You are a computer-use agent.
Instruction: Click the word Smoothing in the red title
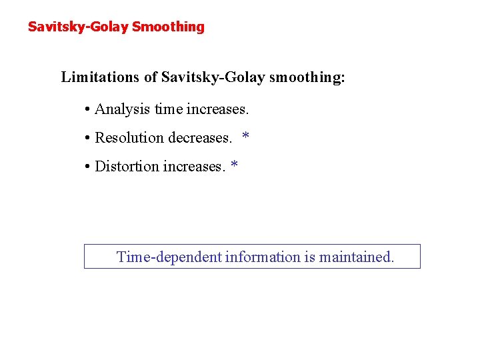168,27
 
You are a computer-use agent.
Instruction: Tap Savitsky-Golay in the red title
78,27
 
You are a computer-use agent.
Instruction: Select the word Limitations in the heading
101,77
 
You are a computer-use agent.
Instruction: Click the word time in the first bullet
167,109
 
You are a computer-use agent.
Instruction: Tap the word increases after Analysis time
217,109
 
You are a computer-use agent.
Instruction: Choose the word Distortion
127,166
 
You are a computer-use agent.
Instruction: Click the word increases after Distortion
195,166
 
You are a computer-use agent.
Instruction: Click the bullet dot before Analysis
88,109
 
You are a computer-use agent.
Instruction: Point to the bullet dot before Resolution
88,139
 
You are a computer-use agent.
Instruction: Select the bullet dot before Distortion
88,167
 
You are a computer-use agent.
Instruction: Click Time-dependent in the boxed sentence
169,257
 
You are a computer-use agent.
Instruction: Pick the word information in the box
263,257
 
